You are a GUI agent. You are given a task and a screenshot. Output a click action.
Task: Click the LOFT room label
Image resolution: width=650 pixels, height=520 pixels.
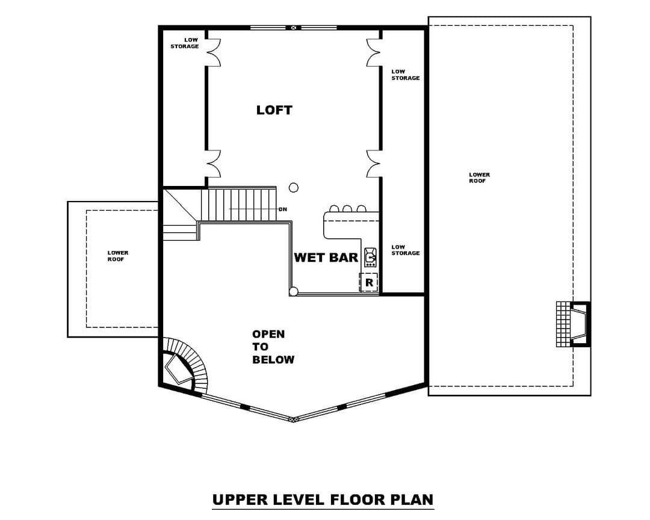point(274,110)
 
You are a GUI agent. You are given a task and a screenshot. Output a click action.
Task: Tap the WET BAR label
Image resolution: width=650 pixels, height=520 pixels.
point(326,258)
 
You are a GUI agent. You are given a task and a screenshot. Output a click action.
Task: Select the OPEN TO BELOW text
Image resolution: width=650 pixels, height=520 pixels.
point(273,347)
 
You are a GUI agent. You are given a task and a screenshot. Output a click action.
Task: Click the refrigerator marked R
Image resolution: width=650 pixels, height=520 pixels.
point(368,282)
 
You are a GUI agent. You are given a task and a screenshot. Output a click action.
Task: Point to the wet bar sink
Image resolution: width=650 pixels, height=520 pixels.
point(370,257)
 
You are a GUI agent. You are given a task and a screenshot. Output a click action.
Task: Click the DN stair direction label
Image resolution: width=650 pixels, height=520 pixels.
point(283,209)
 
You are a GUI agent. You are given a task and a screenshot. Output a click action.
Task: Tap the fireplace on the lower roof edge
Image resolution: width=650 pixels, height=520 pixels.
point(573,324)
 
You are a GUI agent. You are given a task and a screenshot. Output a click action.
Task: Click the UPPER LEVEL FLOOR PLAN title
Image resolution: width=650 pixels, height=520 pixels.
point(323,500)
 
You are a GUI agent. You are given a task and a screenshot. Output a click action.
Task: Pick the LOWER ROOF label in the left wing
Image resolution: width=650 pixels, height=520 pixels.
point(118,256)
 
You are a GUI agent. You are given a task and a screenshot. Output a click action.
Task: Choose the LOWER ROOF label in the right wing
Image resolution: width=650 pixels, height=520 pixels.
point(479,178)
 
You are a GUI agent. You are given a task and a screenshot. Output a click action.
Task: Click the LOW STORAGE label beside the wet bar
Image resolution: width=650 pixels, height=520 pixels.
point(406,250)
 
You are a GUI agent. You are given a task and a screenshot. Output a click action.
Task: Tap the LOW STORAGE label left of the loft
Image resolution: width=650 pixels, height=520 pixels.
point(185,43)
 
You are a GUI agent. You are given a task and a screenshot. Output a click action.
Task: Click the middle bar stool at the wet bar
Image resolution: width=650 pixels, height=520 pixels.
point(347,208)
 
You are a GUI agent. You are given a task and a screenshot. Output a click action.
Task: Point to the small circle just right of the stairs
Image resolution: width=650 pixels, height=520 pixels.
point(294,188)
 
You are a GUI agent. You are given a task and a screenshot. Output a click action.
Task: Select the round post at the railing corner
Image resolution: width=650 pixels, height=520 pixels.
point(294,291)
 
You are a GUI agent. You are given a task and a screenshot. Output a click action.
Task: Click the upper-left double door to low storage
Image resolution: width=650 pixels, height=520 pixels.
point(213,53)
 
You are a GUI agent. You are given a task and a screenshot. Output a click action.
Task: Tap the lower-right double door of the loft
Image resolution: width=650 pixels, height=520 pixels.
point(374,164)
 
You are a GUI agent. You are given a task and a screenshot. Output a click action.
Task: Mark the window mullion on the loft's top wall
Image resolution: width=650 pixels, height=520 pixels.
point(294,28)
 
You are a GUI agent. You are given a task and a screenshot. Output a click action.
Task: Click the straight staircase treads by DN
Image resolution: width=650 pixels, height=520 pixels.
point(239,204)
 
